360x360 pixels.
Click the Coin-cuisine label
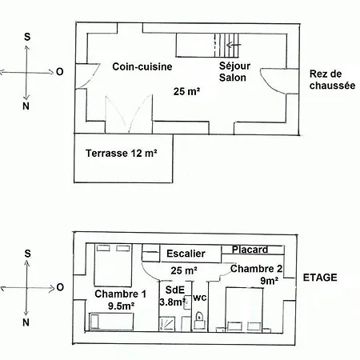click(142, 66)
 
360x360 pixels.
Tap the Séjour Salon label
click(234, 72)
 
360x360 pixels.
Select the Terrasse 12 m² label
click(122, 154)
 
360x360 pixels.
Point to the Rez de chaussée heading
click(332, 80)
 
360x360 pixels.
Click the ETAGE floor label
click(320, 278)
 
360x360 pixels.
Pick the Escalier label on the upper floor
click(186, 254)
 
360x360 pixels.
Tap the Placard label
click(250, 250)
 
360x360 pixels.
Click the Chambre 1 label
click(120, 294)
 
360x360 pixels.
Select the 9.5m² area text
click(121, 306)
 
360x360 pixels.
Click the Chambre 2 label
click(256, 269)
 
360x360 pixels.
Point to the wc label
click(200, 298)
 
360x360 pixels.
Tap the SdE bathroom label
click(175, 290)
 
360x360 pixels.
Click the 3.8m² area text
click(173, 302)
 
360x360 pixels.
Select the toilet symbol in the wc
click(199, 321)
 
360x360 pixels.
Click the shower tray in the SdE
click(167, 324)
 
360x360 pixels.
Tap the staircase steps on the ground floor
click(226, 45)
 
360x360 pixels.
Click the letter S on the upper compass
click(27, 37)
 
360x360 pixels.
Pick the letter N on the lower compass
click(26, 322)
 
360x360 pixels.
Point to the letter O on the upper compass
click(60, 72)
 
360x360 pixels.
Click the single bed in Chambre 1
click(111, 322)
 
